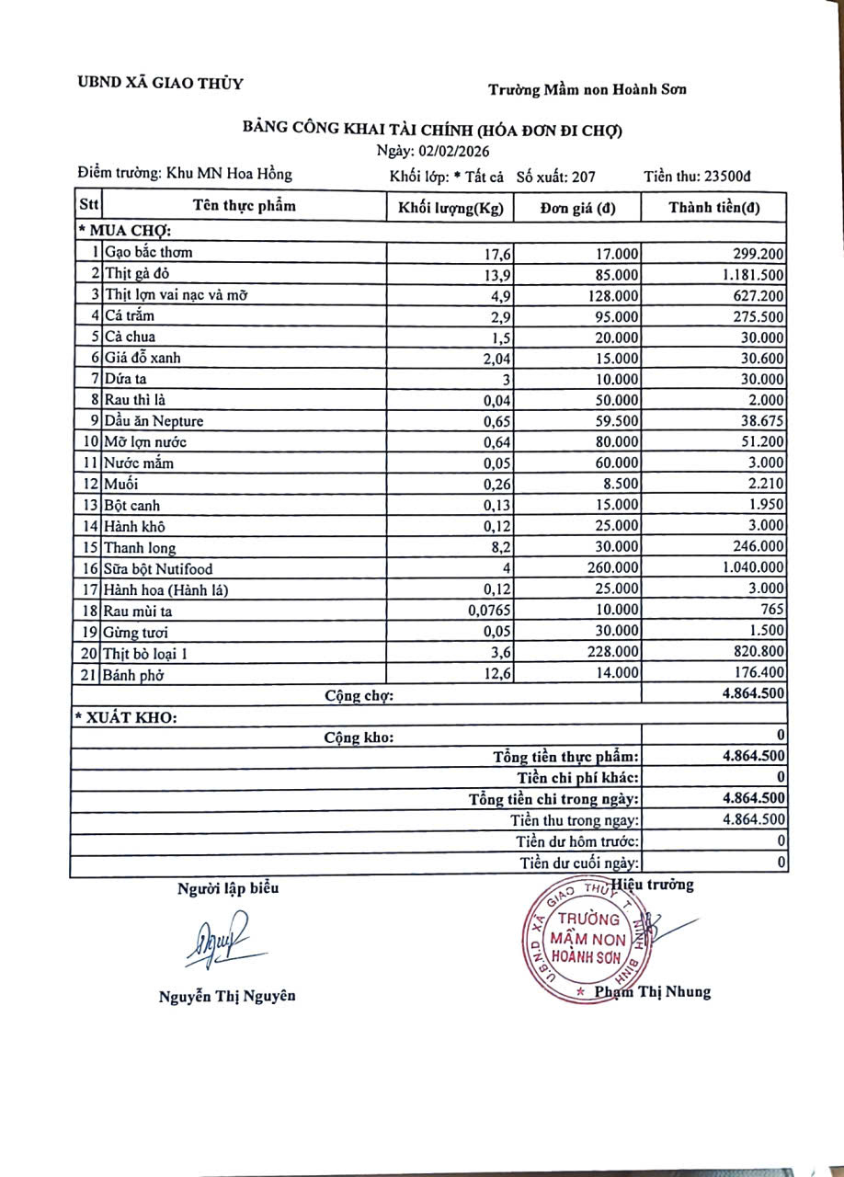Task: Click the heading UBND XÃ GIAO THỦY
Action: click(161, 84)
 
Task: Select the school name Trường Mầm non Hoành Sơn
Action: click(587, 89)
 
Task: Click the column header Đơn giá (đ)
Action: click(577, 208)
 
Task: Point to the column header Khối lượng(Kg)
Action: click(451, 208)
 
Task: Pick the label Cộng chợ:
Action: click(359, 696)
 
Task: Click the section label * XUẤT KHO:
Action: click(125, 716)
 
